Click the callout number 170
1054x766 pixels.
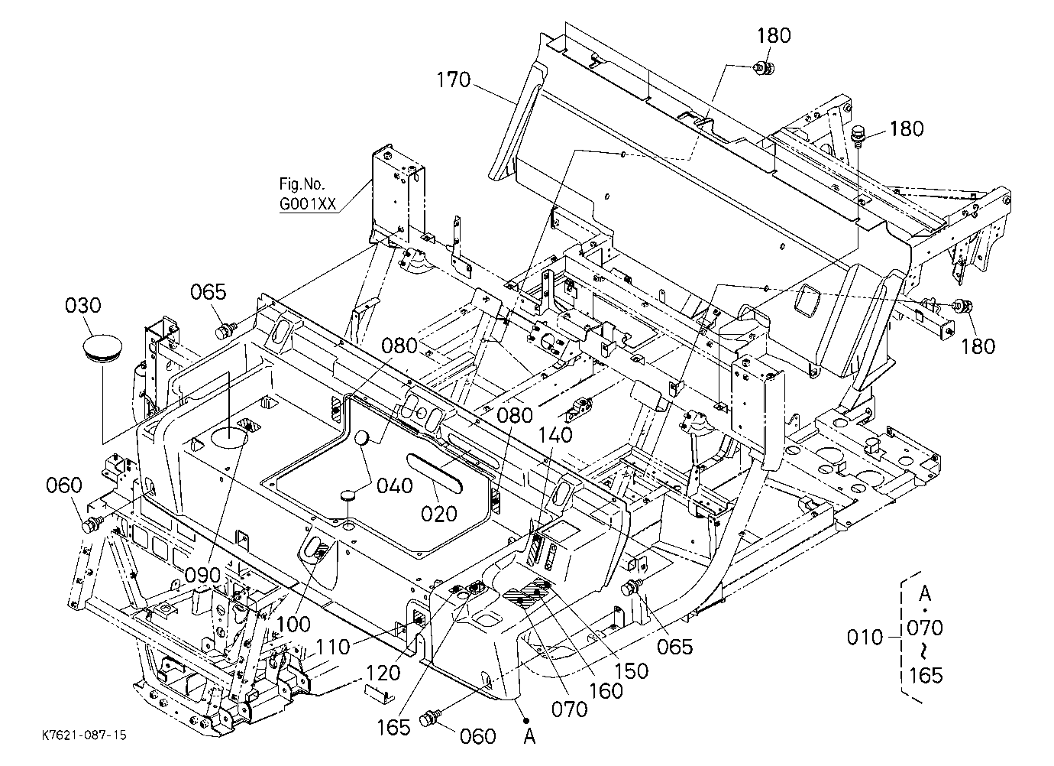454,80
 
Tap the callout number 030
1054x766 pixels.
82,305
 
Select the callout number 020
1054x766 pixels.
439,514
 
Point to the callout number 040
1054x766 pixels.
395,485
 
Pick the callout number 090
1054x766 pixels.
202,575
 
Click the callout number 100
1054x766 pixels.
293,625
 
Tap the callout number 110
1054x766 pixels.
333,647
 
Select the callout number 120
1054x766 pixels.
383,673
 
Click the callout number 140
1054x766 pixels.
555,435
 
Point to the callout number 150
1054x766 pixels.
632,671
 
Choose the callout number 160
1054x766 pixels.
606,691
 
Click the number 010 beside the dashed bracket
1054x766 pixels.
865,638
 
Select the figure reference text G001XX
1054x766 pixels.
308,204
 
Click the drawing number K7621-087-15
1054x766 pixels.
84,735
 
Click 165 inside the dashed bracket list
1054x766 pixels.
926,676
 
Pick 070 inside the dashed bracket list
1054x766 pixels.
925,628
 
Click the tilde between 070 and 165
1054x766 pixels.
925,651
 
